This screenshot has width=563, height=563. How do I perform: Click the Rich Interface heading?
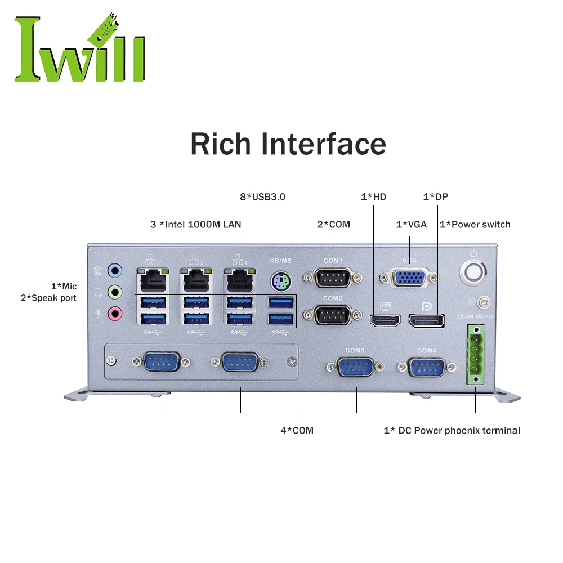tap(288, 144)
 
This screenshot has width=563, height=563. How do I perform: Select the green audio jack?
tap(115, 292)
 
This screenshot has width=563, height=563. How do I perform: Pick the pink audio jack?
tap(115, 312)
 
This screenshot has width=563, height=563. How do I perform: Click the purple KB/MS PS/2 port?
tap(280, 280)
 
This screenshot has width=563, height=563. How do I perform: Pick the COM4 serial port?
tap(427, 368)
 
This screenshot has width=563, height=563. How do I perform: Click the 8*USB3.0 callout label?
tap(262, 197)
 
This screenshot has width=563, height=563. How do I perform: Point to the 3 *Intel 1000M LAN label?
tap(195, 224)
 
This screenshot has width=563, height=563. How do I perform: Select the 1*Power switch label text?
tap(475, 224)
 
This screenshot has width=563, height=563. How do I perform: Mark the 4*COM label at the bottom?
tap(297, 430)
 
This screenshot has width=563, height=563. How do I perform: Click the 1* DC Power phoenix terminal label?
tap(452, 430)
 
